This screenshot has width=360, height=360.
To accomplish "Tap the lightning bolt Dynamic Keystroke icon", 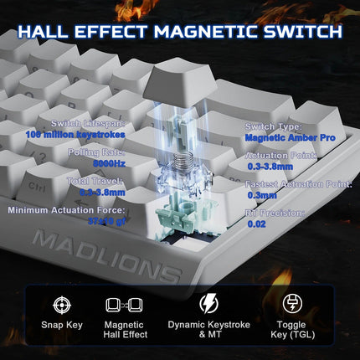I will coord(208,304).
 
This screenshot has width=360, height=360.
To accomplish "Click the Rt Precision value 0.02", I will coord(256,224).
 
